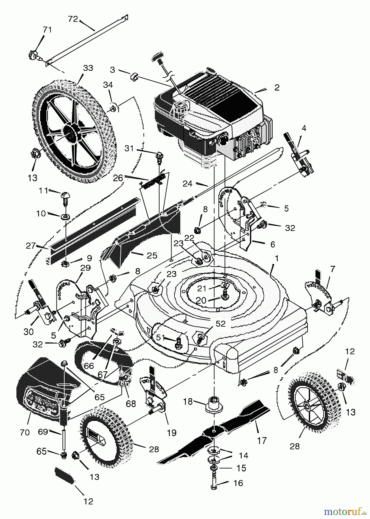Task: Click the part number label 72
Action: (x=73, y=19)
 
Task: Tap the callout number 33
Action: (x=88, y=68)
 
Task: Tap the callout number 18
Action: (x=188, y=401)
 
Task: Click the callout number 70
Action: (x=25, y=432)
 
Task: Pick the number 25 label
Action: (x=152, y=255)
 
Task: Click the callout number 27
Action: (x=31, y=246)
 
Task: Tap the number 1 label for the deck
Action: (x=277, y=259)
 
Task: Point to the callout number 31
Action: (x=129, y=148)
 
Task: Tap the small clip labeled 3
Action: (x=134, y=77)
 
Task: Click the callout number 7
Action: (x=333, y=269)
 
